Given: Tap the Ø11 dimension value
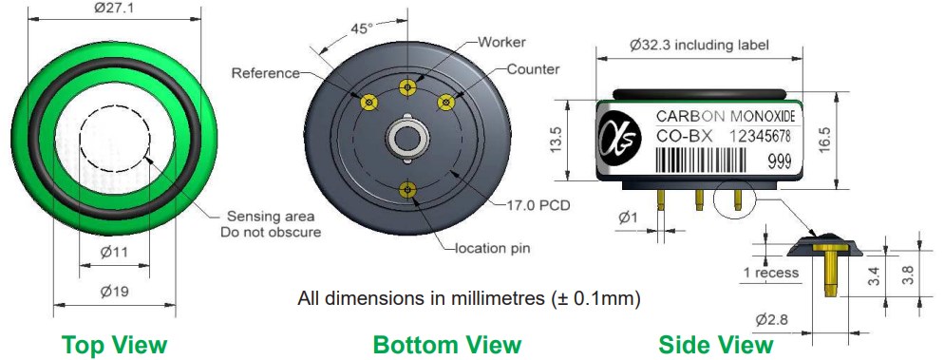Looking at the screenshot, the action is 114,253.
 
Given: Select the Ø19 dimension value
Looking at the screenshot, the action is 114,292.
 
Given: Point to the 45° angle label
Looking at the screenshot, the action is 363,28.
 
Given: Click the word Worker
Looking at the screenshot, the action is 501,42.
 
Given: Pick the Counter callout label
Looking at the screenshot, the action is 533,69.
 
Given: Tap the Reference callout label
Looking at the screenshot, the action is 266,73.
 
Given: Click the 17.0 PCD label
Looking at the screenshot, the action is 537,205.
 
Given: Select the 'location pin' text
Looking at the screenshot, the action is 492,247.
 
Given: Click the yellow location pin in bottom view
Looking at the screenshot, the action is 408,190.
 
